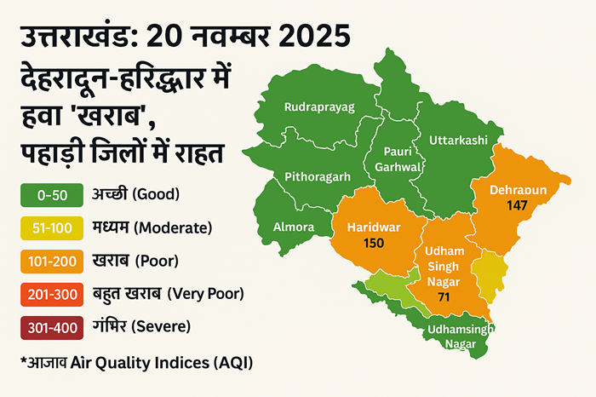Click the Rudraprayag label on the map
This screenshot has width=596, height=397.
(x=319, y=106)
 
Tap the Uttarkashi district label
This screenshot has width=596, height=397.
(x=458, y=139)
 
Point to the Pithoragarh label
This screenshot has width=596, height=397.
(x=318, y=177)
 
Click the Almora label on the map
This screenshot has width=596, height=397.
(x=294, y=227)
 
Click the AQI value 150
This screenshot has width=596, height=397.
(x=373, y=244)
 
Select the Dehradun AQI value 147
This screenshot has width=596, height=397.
(x=516, y=205)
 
